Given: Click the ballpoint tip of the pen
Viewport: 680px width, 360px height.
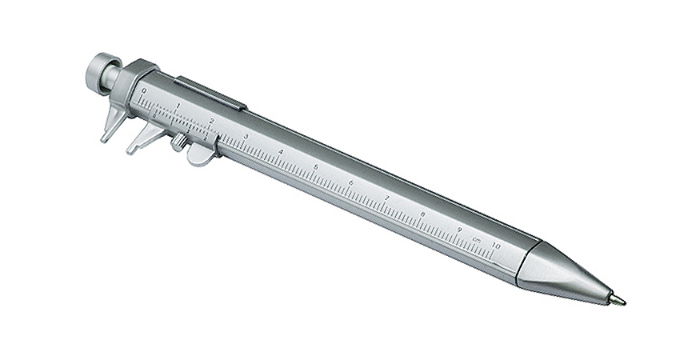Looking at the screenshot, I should coord(621,302).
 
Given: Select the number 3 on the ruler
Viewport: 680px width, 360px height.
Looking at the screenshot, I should coord(246,136).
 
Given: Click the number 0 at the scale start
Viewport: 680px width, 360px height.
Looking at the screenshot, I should coord(143,91).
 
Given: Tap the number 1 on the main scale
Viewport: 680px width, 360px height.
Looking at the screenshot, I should coord(178,106).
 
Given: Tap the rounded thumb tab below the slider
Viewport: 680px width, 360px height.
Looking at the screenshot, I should coord(202,154).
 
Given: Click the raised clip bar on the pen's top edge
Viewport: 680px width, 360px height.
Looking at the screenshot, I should coord(210,91).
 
